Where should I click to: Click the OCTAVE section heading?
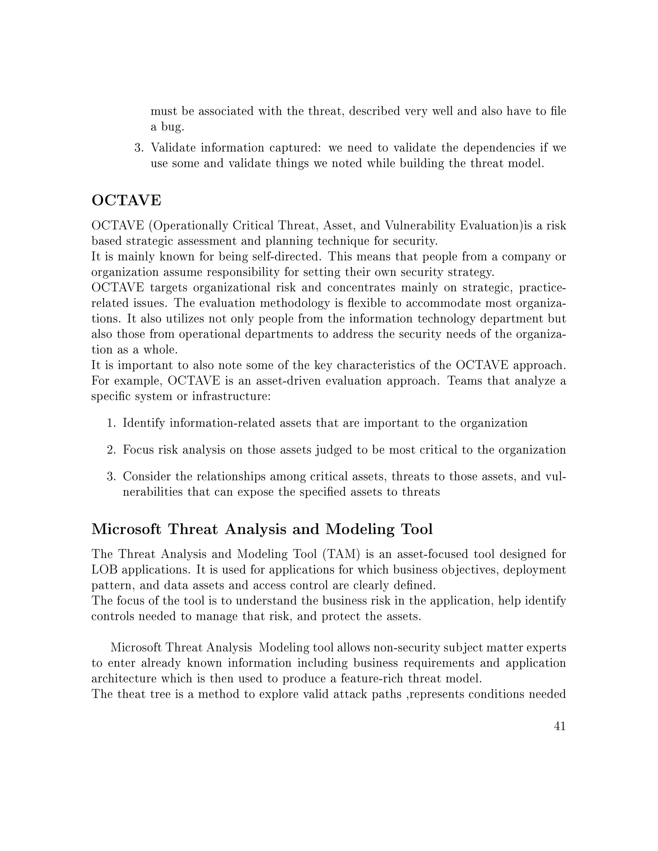click(126, 200)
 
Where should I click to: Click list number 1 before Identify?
click(111, 423)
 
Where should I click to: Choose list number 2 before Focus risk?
click(111, 450)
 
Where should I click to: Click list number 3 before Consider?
click(111, 477)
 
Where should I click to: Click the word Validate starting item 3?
click(173, 148)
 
